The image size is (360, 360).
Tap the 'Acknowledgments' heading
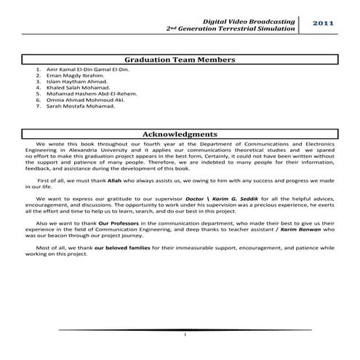pos(180,135)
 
